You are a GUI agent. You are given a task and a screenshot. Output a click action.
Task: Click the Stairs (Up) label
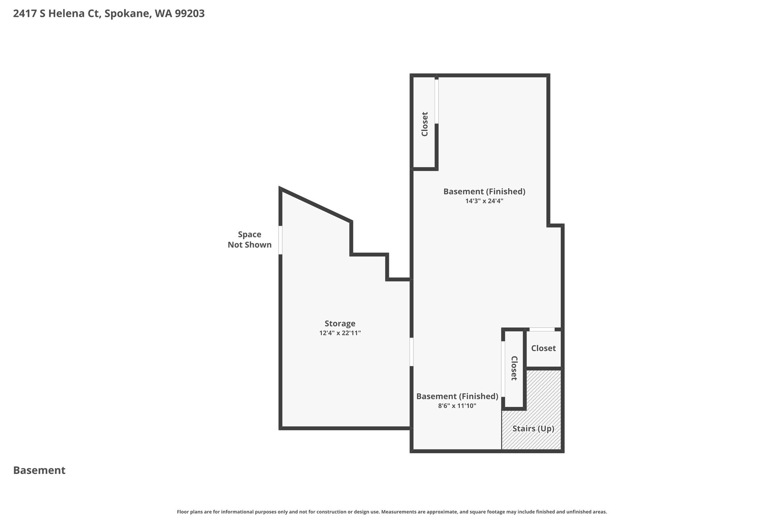click(533, 429)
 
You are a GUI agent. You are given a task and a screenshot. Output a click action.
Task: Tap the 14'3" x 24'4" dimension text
click(484, 201)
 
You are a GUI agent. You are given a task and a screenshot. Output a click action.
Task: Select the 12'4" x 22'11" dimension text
click(340, 333)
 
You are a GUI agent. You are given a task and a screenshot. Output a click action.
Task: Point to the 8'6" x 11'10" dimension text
click(457, 406)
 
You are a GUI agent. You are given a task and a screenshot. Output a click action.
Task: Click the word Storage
click(340, 324)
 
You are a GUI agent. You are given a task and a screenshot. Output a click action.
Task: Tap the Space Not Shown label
click(250, 239)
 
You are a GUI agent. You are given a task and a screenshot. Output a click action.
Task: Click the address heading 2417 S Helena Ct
click(57, 14)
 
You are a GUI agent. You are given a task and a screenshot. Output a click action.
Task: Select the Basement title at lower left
click(39, 470)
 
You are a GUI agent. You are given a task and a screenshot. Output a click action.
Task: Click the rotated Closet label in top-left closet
click(425, 124)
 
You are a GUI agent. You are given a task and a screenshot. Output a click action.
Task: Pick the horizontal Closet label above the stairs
click(543, 348)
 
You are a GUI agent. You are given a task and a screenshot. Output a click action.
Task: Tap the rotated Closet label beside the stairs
click(514, 368)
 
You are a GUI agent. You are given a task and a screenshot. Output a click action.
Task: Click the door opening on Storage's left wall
click(280, 240)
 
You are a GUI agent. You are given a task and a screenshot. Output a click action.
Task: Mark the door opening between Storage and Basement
click(412, 352)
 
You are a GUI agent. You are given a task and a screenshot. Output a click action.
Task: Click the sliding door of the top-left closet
click(436, 101)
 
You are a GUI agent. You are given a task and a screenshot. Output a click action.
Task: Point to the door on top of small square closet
click(542, 329)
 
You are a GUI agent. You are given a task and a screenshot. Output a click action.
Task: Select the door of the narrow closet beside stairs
click(503, 369)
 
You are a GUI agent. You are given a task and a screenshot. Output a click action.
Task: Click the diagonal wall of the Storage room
click(316, 205)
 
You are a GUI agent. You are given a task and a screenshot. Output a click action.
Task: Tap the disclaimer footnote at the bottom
click(392, 512)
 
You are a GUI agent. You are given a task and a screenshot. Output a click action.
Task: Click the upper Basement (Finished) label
click(484, 192)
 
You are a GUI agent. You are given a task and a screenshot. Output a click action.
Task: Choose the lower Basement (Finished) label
click(457, 397)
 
